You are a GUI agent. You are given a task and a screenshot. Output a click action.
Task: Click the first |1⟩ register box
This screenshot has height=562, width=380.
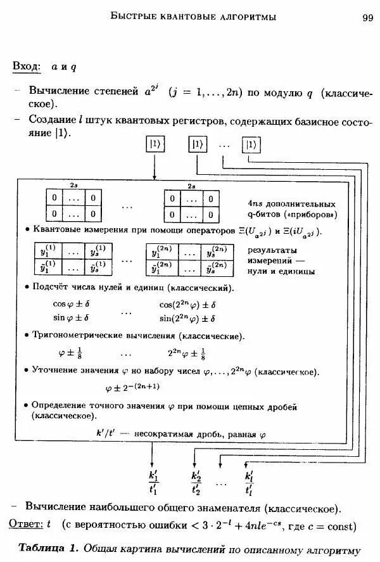pyautogui.click(x=156, y=144)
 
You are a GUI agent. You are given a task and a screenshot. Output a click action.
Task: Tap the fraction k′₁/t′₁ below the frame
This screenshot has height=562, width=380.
pyautogui.click(x=153, y=482)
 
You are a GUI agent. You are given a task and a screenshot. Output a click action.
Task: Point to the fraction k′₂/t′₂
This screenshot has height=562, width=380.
pyautogui.click(x=196, y=482)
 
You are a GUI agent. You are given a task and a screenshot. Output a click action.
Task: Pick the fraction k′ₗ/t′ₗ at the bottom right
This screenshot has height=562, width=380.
pyautogui.click(x=249, y=482)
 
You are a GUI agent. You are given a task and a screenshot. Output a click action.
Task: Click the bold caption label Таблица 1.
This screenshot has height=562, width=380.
pyautogui.click(x=47, y=548)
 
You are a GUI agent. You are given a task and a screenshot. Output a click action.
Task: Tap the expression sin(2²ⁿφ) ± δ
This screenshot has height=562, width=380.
pyautogui.click(x=187, y=319)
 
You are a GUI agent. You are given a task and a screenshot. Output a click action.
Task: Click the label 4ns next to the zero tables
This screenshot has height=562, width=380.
pyautogui.click(x=255, y=204)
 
